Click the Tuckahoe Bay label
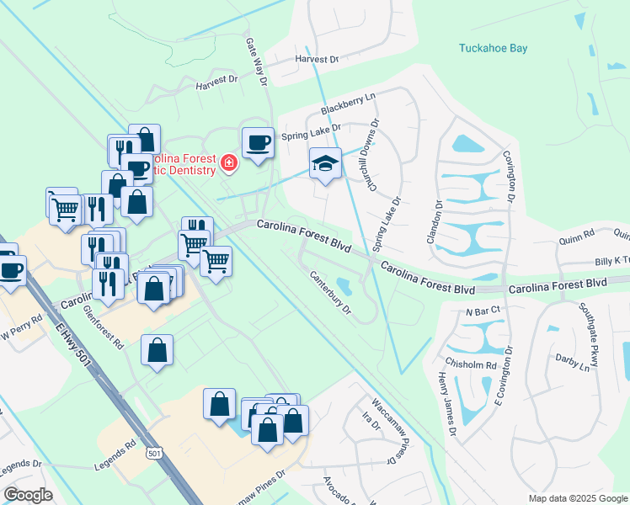point(493,48)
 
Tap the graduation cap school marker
point(325,164)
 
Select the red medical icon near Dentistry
point(227,162)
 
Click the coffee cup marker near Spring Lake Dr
point(258,141)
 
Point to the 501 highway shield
point(153,454)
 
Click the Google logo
point(28,495)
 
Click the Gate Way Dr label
point(257,61)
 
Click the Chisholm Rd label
point(479,365)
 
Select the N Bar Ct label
point(483,311)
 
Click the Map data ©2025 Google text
point(577,498)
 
